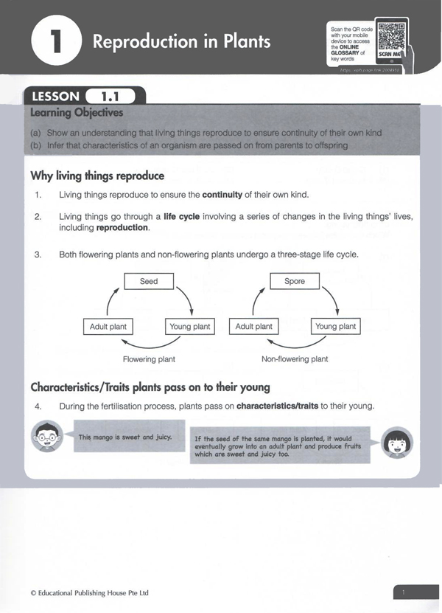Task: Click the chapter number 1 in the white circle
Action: coord(55,42)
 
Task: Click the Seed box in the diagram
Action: coord(149,281)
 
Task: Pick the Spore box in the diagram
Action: coord(295,281)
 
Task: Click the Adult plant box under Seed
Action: coord(108,326)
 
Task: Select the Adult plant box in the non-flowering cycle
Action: coord(254,326)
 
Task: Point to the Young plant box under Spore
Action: coord(335,326)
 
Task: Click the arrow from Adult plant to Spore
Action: coord(258,299)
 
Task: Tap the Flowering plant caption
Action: coord(149,359)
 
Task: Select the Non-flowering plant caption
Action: coord(295,359)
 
